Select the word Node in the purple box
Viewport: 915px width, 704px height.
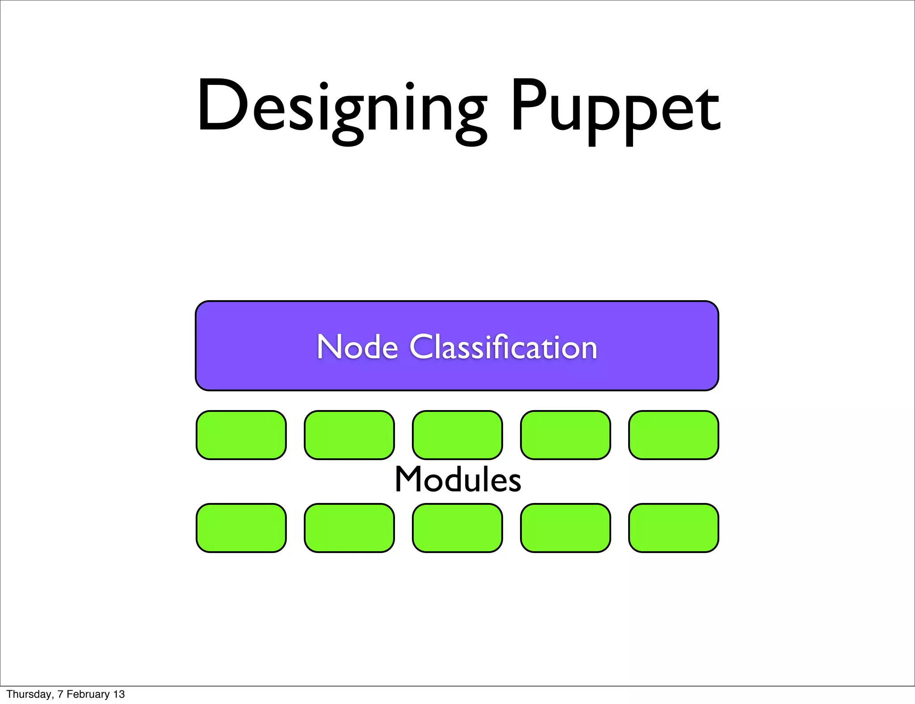357,347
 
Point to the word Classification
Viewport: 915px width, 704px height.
503,347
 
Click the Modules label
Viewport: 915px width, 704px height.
458,479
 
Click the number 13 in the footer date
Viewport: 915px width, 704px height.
119,694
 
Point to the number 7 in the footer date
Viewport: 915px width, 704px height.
60,694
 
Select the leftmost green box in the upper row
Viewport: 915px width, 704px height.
241,435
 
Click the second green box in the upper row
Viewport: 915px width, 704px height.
349,435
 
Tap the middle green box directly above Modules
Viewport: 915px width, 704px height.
457,435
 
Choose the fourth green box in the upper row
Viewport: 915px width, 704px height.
566,435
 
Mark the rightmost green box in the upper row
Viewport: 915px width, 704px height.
674,435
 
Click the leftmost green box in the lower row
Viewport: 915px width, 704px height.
241,528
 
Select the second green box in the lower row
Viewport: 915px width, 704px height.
349,528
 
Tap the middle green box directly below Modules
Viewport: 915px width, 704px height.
457,528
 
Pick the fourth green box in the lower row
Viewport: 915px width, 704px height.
566,528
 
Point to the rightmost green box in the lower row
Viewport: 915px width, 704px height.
674,528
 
